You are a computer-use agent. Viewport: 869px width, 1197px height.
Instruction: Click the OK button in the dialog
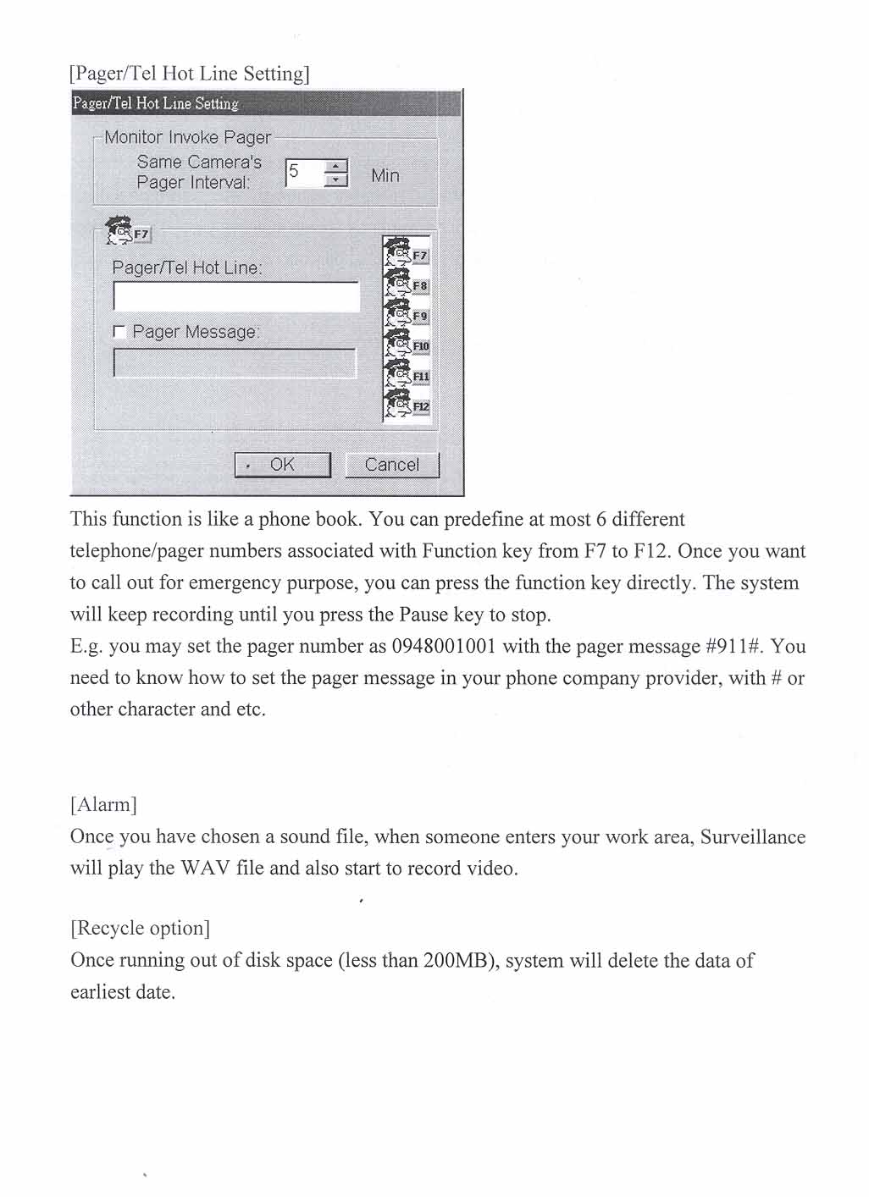pos(282,465)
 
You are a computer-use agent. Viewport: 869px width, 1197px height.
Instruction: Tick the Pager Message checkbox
pos(119,333)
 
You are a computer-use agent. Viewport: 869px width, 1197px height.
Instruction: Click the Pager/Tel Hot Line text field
pos(235,296)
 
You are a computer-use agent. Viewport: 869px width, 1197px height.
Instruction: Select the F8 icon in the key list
pos(407,284)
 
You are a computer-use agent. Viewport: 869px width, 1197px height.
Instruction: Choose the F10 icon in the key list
pos(407,345)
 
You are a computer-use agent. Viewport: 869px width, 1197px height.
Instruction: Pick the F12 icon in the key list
pos(407,405)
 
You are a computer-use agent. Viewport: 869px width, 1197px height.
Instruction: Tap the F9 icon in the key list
pos(407,315)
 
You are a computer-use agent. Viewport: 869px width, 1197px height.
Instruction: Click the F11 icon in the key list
pos(407,375)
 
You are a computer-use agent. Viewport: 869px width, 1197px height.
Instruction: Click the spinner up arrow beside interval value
pos(337,167)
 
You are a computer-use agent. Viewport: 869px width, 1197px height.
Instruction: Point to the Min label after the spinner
pos(385,175)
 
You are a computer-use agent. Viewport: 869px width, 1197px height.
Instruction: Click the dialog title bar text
pos(156,103)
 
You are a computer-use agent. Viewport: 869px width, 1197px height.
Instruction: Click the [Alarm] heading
pos(103,804)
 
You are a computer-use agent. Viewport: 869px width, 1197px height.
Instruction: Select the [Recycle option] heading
pos(140,928)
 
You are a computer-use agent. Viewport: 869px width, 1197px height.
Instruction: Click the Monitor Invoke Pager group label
pos(187,137)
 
